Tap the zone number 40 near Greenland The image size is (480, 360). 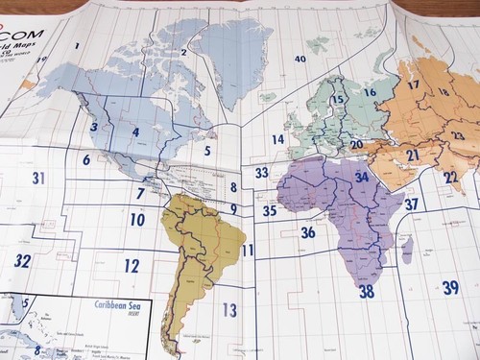click(300, 60)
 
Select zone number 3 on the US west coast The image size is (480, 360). click(93, 127)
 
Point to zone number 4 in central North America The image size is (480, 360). click(135, 132)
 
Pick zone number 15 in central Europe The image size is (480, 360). click(338, 100)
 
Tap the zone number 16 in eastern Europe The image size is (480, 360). click(370, 92)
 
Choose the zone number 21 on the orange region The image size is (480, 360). click(412, 155)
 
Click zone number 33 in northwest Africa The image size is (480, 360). click(261, 173)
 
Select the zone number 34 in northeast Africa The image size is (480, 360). click(362, 177)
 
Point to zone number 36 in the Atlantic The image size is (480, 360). click(307, 232)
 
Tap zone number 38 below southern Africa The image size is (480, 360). click(366, 291)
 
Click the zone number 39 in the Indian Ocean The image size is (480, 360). click(450, 287)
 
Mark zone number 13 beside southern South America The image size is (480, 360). click(228, 309)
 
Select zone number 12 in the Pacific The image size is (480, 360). click(132, 266)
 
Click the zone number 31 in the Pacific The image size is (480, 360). click(38, 178)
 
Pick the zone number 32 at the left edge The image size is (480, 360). click(22, 260)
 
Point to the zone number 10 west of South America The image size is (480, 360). click(137, 220)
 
